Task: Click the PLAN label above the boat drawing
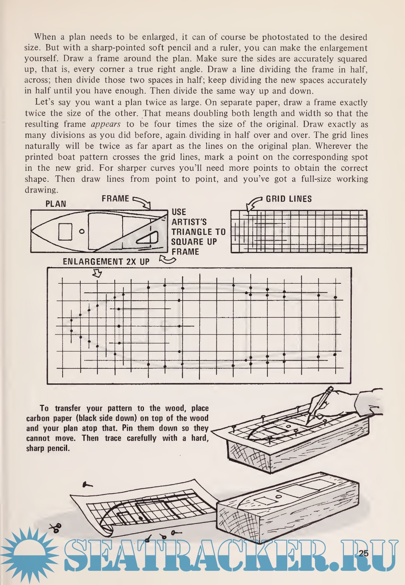click(55, 204)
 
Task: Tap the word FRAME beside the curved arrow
click(115, 199)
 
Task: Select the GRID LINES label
click(289, 199)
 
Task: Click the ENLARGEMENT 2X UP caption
click(106, 262)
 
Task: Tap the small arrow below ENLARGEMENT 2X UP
click(97, 274)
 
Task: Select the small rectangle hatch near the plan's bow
click(65, 232)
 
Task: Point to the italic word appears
click(105, 124)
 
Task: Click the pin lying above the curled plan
click(87, 485)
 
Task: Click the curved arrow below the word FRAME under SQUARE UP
click(167, 260)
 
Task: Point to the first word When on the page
click(45, 37)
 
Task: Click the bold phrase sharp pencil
click(48, 448)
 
